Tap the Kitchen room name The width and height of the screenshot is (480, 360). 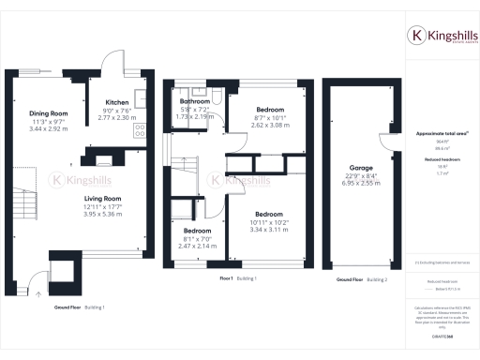(x=117, y=102)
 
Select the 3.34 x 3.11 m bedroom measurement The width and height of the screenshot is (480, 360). (x=269, y=229)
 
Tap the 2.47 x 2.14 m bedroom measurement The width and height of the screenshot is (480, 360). (x=198, y=246)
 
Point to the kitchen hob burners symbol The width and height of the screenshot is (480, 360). (x=140, y=130)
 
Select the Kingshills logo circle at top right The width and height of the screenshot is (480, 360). (x=415, y=36)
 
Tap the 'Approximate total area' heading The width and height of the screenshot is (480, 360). (x=442, y=134)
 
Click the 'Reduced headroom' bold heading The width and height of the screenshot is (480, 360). (x=442, y=160)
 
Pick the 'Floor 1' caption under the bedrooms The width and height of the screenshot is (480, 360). (x=226, y=278)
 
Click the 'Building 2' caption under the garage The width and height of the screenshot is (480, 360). (x=377, y=279)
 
